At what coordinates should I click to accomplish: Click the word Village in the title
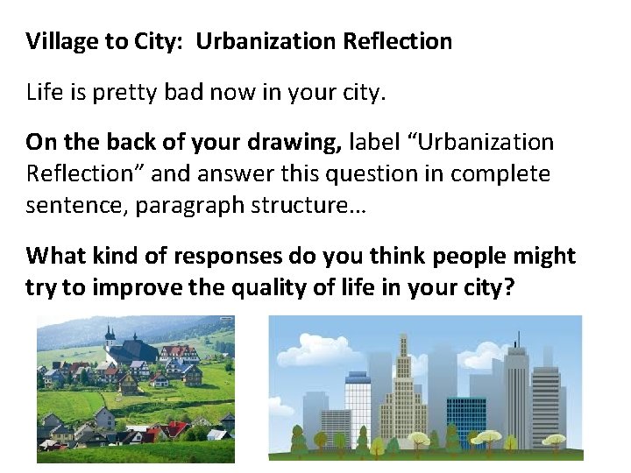(59, 41)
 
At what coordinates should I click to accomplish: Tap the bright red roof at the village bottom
(175, 429)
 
